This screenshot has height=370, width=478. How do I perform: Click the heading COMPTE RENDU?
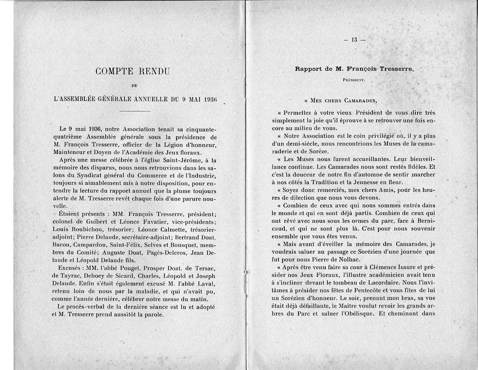point(133,72)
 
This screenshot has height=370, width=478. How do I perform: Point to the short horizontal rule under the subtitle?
point(135,110)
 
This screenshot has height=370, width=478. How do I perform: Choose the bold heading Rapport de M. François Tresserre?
point(354,68)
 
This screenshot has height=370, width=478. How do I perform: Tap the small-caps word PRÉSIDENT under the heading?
point(354,80)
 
